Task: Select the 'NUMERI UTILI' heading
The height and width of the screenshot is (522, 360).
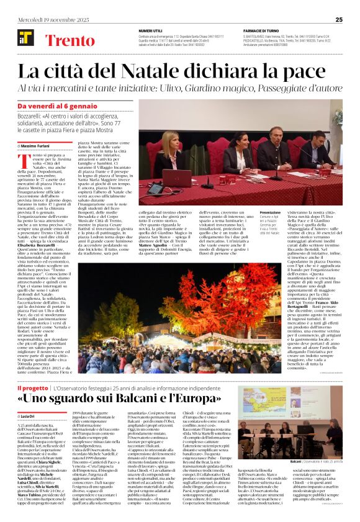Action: coord(152,30)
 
